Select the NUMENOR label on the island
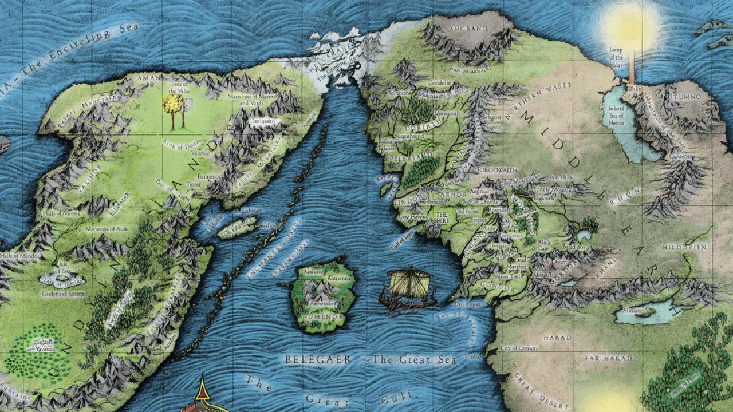click(x=323, y=316)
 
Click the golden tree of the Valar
click(x=171, y=106)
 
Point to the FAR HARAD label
click(x=608, y=358)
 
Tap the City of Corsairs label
click(x=518, y=348)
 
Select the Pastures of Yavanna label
click(x=40, y=344)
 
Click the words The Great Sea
click(x=413, y=360)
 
